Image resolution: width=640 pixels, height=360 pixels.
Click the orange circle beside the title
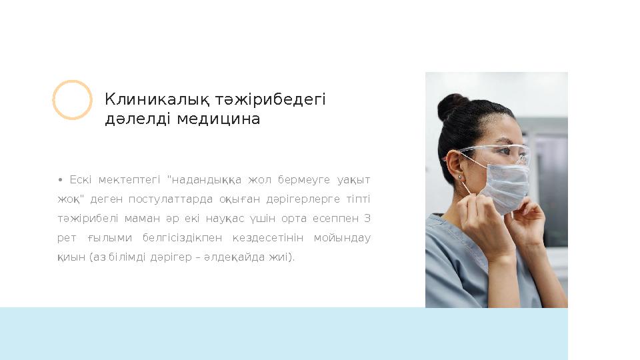click(x=72, y=100)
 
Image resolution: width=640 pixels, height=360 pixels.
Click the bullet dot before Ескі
click(x=61, y=180)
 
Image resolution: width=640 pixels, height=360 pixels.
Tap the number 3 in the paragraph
click(x=367, y=219)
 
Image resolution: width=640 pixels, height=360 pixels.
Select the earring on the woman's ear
click(x=459, y=177)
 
